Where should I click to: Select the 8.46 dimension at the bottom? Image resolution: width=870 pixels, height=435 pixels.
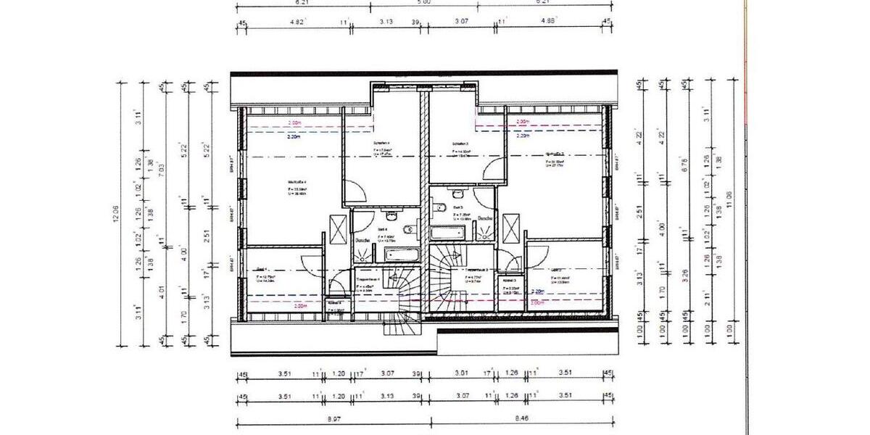(522, 420)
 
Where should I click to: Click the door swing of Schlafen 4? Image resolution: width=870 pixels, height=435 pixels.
(354, 192)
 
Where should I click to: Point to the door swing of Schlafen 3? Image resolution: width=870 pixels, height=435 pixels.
(493, 173)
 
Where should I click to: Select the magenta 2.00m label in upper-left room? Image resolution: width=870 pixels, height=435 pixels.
(294, 123)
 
